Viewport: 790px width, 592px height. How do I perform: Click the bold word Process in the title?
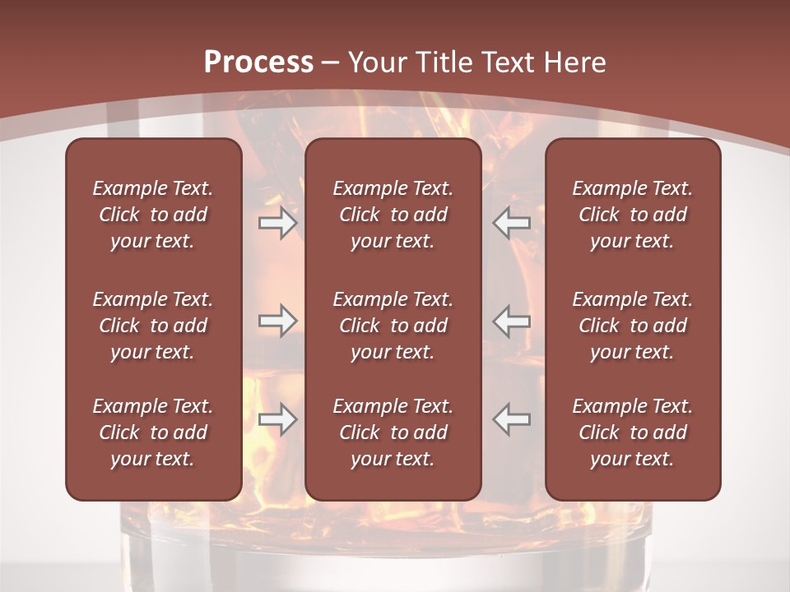coord(258,62)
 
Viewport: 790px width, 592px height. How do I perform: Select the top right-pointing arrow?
coord(278,223)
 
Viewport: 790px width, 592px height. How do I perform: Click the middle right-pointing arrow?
coord(278,321)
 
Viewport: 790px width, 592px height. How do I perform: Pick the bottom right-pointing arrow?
coord(278,419)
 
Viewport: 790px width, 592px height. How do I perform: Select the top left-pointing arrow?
coord(511,223)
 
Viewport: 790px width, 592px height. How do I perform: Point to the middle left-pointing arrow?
coord(511,321)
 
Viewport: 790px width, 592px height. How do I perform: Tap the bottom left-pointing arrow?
coord(511,419)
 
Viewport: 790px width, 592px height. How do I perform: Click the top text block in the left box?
coord(153,215)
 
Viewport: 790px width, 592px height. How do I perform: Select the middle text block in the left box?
coord(153,326)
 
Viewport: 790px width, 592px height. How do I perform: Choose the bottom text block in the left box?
coord(153,432)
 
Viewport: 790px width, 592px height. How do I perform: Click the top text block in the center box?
coord(393,215)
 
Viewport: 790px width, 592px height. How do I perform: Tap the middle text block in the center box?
coord(393,326)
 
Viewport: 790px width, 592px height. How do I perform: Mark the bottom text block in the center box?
coord(393,432)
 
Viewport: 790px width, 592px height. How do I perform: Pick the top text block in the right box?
coord(633,215)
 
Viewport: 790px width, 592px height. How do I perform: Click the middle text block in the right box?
coord(633,326)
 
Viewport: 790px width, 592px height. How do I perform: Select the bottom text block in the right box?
coord(633,432)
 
